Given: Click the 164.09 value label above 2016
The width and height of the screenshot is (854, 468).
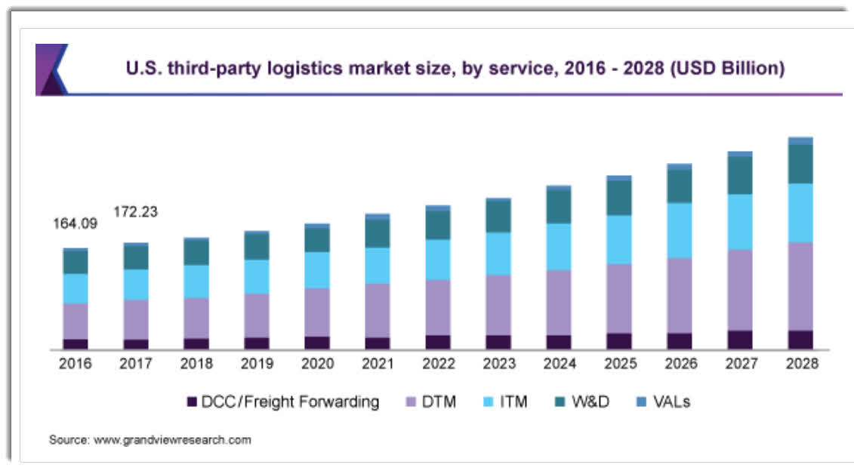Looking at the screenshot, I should (x=75, y=223).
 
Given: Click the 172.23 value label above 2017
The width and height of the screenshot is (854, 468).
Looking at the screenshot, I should (x=135, y=212).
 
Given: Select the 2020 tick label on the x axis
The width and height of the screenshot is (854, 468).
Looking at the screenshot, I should (x=317, y=364).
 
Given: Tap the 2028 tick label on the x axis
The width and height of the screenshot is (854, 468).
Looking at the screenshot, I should (x=801, y=364).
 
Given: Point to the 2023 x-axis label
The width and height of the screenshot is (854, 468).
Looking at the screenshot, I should (x=498, y=364).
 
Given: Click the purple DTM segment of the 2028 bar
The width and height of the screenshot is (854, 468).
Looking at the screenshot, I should (x=800, y=286).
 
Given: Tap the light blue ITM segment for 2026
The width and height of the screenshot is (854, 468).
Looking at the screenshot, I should (x=680, y=230).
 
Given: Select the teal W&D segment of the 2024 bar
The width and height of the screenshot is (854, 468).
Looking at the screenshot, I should (x=559, y=207).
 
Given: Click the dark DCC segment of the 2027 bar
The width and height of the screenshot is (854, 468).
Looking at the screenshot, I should (x=740, y=340).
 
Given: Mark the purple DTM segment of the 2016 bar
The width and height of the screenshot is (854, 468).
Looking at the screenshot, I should (x=75, y=321).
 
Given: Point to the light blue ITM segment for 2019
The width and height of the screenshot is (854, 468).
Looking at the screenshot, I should (x=257, y=276).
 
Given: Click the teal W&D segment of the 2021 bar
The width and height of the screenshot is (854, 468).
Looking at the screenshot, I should (x=378, y=233).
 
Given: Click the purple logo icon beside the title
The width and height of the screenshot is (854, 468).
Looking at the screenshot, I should (x=51, y=69).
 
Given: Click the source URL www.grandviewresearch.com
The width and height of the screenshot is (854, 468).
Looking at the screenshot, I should (x=171, y=439).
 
